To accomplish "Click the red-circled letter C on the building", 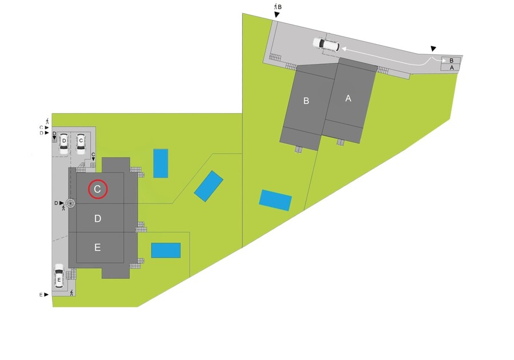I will point(98,189).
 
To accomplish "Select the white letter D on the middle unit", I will point(98,219).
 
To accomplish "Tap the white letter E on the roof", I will point(98,247).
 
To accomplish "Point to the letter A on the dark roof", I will point(348,98).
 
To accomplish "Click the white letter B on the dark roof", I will point(307,101).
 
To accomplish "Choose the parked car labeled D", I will point(64,143).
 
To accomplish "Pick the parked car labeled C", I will point(81,143).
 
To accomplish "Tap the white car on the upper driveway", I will point(326,44).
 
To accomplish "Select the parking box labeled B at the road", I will point(452,60).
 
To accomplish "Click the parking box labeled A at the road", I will point(452,67).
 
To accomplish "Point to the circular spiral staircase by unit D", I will point(71,203).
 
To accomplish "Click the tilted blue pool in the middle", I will point(208,186).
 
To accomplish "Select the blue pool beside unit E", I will point(166,250).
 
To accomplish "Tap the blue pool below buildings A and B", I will point(275,200).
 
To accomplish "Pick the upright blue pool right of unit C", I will point(160,163).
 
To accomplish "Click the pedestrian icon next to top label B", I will point(275,6).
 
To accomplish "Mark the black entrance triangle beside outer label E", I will point(46,295).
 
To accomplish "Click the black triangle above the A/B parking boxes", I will point(434,49).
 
